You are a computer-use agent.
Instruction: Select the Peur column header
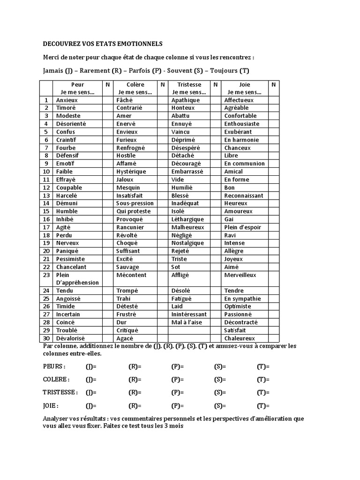click(x=77, y=85)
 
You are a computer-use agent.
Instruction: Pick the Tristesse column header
click(x=189, y=85)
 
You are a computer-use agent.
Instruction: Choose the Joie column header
click(x=244, y=85)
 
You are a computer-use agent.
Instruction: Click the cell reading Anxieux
click(x=67, y=100)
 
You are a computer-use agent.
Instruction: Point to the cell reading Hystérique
click(x=131, y=172)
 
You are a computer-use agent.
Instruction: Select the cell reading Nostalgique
click(x=187, y=243)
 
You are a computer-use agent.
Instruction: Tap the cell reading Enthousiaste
click(x=242, y=124)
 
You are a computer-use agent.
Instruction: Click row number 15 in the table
click(x=46, y=211)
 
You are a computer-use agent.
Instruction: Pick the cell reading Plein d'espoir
click(x=242, y=227)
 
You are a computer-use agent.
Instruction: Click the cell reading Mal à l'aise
click(x=187, y=322)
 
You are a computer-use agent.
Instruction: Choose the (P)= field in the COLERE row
click(x=178, y=380)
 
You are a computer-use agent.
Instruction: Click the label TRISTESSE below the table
click(x=59, y=393)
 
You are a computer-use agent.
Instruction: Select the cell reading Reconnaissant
click(x=244, y=195)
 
